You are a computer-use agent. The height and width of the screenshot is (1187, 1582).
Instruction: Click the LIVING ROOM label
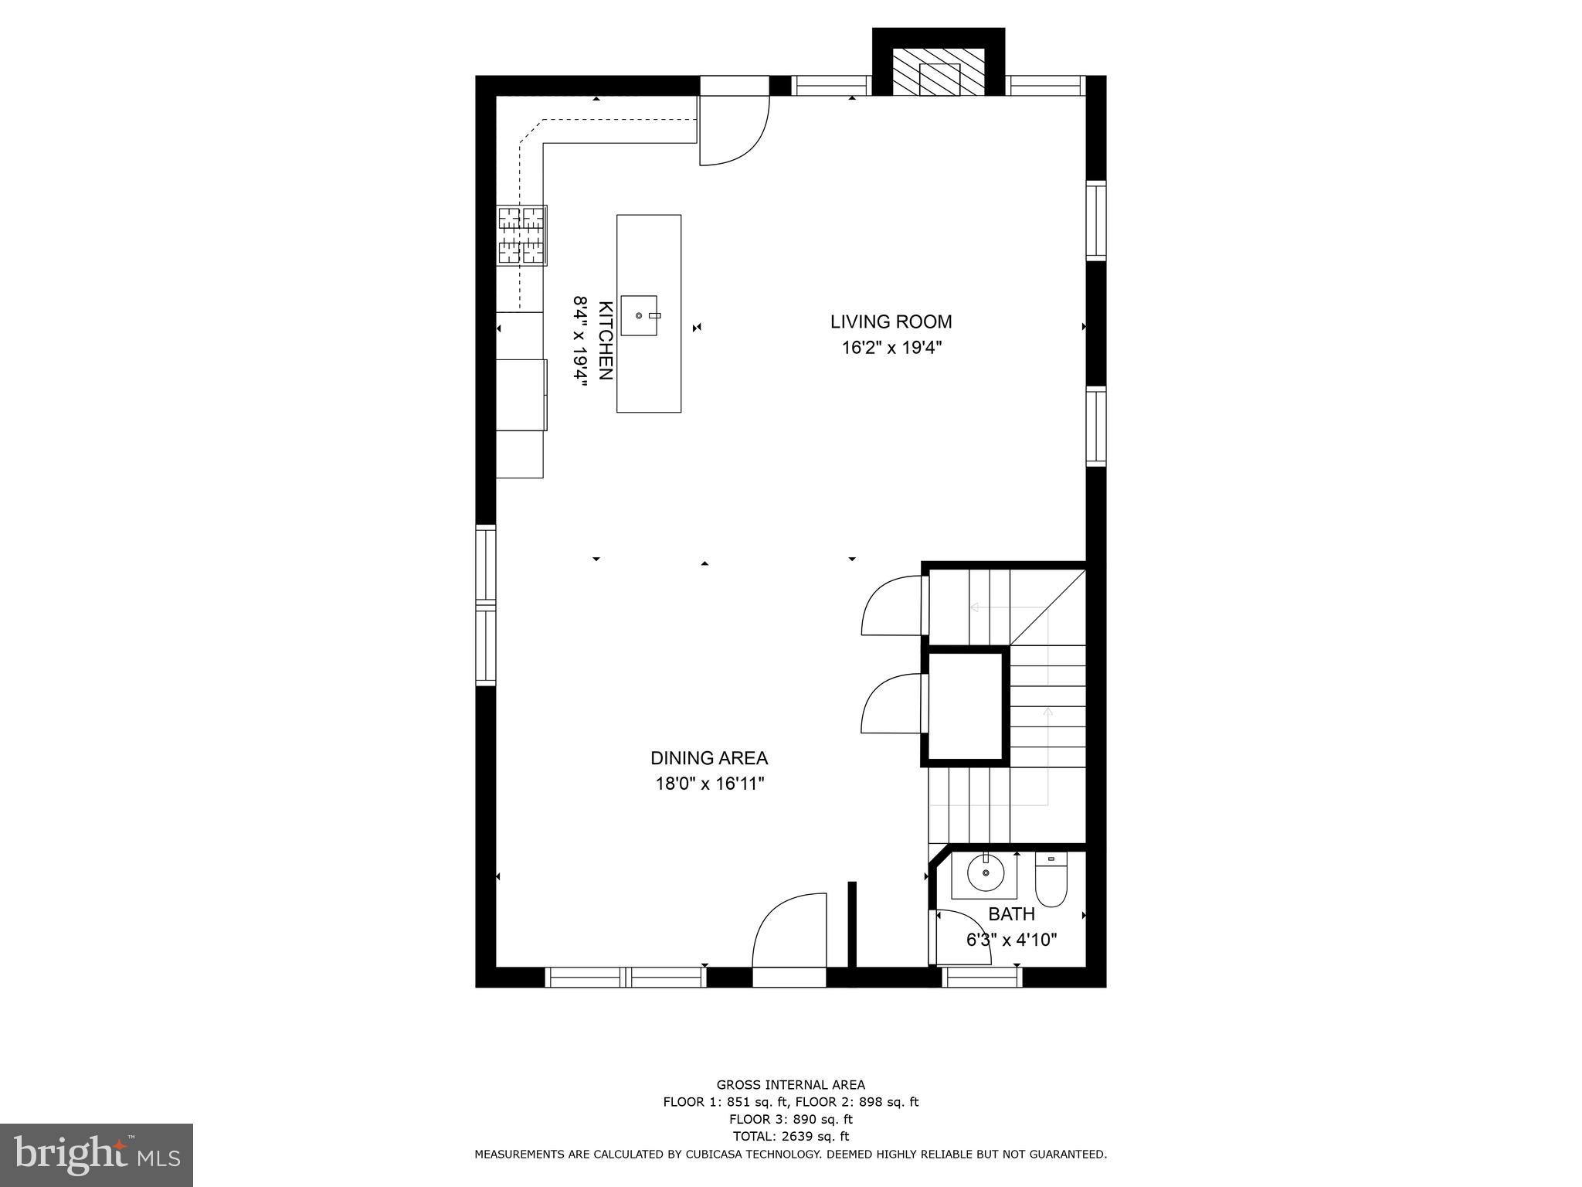(x=891, y=321)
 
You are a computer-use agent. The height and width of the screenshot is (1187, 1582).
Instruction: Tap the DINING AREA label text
(x=708, y=758)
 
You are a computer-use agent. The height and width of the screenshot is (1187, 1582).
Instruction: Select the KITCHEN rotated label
(x=606, y=341)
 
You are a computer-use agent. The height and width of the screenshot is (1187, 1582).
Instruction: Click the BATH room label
(x=1011, y=914)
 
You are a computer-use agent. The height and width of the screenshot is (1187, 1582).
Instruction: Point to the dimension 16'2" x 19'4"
(x=891, y=348)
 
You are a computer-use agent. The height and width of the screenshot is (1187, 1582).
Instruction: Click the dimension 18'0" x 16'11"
(x=708, y=784)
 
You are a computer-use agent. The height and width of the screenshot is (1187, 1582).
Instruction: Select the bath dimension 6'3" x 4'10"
(x=1011, y=940)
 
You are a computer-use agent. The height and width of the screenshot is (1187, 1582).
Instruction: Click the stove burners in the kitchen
(x=522, y=236)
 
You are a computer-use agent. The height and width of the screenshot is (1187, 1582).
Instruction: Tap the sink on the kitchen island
(x=640, y=315)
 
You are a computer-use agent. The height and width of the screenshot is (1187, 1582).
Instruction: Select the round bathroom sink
(x=986, y=873)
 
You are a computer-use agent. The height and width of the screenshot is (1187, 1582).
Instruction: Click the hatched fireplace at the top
(x=939, y=73)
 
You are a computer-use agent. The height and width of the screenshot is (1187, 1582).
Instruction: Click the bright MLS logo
(x=97, y=1155)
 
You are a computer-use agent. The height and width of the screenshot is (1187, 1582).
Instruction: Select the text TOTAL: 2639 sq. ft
(x=790, y=1136)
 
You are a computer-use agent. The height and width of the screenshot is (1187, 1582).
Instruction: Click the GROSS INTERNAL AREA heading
(x=790, y=1085)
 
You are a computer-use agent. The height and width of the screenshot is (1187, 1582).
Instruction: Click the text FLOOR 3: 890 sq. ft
(x=790, y=1119)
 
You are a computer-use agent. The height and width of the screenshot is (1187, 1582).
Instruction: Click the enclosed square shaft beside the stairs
(x=966, y=706)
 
